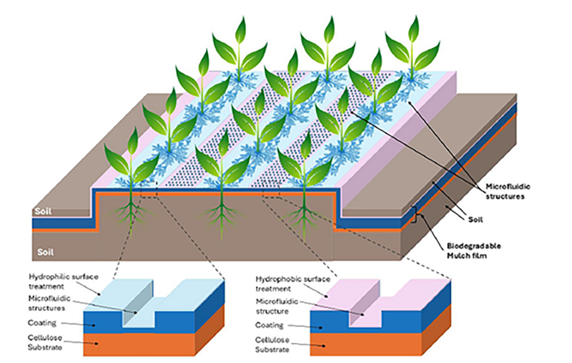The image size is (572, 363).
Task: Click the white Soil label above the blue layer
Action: (x=44, y=212)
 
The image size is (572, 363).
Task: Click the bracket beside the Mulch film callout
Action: (x=414, y=213)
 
